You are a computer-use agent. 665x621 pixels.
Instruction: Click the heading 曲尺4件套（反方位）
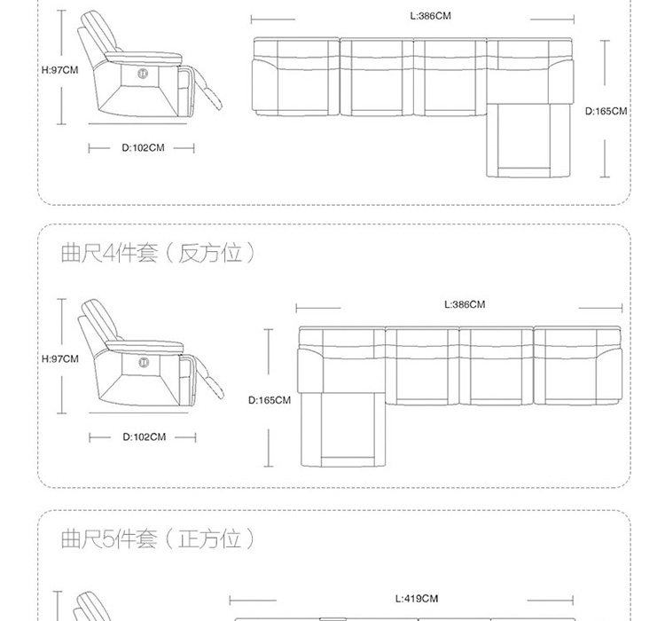pyautogui.click(x=157, y=255)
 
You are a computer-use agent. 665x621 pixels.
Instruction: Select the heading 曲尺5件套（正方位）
pyautogui.click(x=157, y=538)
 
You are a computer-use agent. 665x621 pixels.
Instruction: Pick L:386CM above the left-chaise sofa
pyautogui.click(x=464, y=304)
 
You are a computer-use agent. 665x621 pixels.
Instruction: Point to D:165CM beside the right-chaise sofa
pyautogui.click(x=606, y=112)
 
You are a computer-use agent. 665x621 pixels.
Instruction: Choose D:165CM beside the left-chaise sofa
pyautogui.click(x=270, y=400)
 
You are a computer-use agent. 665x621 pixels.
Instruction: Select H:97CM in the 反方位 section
pyautogui.click(x=60, y=359)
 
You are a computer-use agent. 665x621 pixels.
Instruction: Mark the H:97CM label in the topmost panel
pyautogui.click(x=60, y=69)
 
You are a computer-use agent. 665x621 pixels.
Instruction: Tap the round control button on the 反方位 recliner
pyautogui.click(x=144, y=360)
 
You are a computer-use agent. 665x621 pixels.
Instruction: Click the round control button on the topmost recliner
pyautogui.click(x=144, y=72)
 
